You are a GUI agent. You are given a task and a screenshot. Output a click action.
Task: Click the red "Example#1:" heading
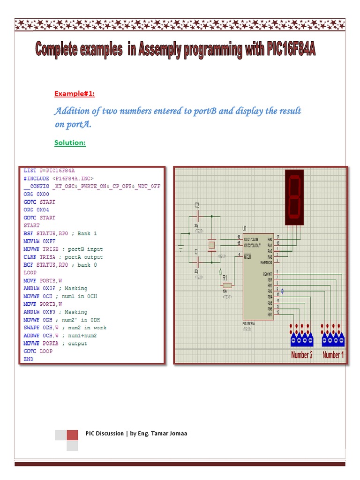click(x=74, y=94)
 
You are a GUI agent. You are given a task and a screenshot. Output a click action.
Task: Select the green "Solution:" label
click(x=70, y=142)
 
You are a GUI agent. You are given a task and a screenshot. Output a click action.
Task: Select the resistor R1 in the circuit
click(x=227, y=285)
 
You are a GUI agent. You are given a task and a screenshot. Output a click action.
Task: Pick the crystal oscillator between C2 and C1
click(x=212, y=245)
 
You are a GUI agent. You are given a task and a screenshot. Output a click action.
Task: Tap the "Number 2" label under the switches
click(x=301, y=355)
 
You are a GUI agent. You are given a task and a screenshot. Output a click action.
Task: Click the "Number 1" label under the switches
click(x=333, y=355)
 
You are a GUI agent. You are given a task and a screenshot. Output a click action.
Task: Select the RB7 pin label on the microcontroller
click(x=270, y=314)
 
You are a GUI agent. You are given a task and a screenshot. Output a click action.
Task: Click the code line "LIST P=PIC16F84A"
click(x=49, y=171)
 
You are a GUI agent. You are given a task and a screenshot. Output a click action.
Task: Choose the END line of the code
click(x=28, y=359)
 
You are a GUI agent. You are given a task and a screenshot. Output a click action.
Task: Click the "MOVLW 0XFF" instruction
click(x=40, y=241)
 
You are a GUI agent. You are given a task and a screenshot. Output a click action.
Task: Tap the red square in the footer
click(x=72, y=435)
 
